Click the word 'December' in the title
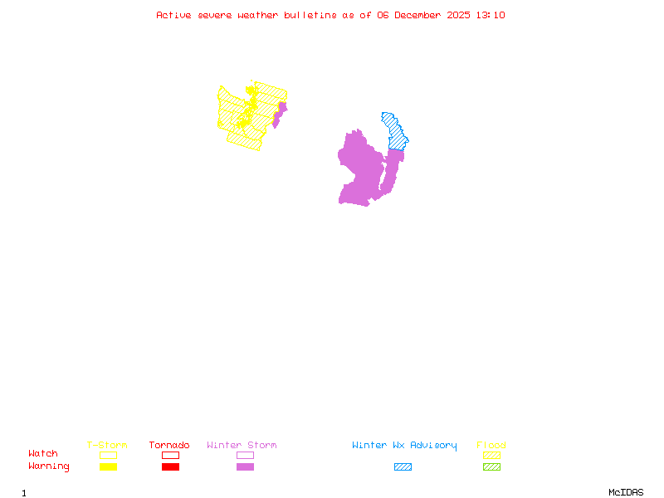(422, 15)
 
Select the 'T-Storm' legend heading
(107, 446)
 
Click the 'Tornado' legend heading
(169, 446)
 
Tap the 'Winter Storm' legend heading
(242, 446)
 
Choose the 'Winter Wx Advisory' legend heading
(404, 446)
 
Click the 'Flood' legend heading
(491, 446)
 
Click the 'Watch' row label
(43, 454)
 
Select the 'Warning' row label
(49, 466)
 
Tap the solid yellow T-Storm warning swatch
(108, 466)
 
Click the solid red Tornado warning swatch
(170, 466)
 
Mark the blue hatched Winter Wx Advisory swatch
(403, 466)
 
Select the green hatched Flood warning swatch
(491, 466)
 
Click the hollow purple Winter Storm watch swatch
(245, 455)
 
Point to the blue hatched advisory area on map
(393, 129)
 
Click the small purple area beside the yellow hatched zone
(280, 114)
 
